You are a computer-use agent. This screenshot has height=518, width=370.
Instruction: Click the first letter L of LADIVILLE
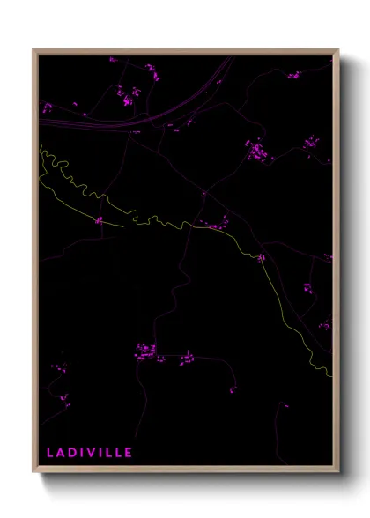click(50, 453)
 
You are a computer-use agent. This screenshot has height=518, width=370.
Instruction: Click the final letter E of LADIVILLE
click(129, 453)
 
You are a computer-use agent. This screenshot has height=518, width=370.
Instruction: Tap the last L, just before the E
click(119, 453)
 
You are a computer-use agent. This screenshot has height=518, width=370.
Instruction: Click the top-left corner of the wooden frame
click(33, 50)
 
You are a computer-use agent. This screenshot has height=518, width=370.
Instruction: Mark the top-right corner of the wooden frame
click(337, 50)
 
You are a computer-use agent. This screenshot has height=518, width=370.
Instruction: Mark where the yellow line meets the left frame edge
click(40, 144)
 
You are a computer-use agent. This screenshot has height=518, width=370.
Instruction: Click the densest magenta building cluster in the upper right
click(256, 152)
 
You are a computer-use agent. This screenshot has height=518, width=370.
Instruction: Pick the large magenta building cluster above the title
click(145, 352)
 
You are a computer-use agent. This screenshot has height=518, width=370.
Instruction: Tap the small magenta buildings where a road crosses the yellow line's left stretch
click(100, 220)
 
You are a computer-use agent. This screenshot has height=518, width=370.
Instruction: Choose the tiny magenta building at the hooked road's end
click(233, 389)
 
